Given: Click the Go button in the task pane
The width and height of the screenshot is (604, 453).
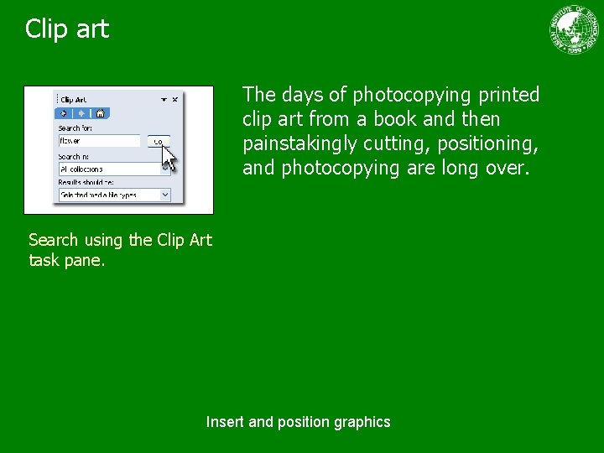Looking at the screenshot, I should pyautogui.click(x=158, y=142).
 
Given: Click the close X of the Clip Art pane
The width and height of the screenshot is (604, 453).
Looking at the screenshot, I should pyautogui.click(x=175, y=99).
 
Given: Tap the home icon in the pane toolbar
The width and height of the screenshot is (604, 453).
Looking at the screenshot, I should pyautogui.click(x=100, y=113).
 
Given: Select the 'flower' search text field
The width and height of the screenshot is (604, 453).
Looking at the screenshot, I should pyautogui.click(x=99, y=141).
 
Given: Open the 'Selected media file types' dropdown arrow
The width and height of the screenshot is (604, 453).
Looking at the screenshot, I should pyautogui.click(x=164, y=195).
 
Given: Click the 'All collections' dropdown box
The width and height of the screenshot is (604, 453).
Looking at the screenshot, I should pyautogui.click(x=109, y=169).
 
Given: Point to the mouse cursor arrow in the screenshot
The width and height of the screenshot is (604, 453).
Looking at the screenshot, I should pyautogui.click(x=169, y=157).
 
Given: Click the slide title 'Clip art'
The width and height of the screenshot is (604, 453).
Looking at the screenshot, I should pyautogui.click(x=67, y=29).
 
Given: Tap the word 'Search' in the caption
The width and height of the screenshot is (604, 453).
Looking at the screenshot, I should pyautogui.click(x=54, y=240).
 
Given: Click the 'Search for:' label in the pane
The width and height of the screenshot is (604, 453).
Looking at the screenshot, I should pyautogui.click(x=75, y=128).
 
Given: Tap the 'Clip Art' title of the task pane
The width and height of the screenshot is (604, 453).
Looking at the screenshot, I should pyautogui.click(x=74, y=100).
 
